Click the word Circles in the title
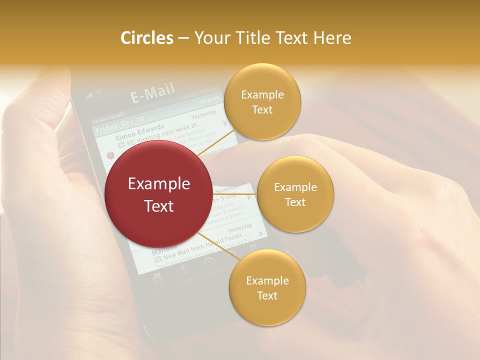pos(146,38)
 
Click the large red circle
pos(158,193)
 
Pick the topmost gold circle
pos(262,101)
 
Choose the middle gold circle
pos(295,194)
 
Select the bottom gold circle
pos(267,287)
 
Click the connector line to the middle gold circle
pos(234,194)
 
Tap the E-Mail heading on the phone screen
pos(152,93)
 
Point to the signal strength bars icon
pos(90,95)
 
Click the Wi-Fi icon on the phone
pos(99,92)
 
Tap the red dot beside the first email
pos(110,154)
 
